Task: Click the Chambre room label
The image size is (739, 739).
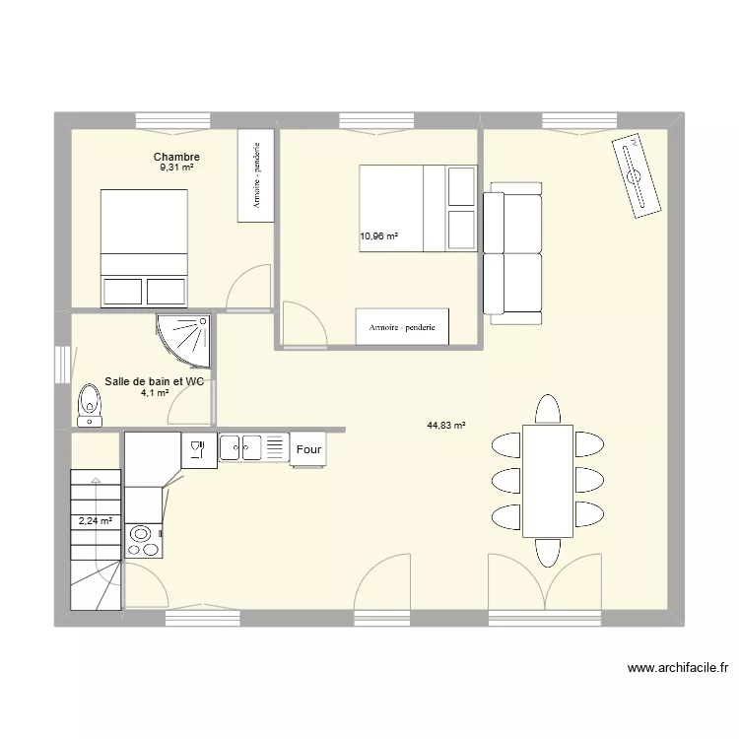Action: (176, 157)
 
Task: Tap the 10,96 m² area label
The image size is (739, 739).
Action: (379, 236)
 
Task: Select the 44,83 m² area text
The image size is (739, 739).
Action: (446, 425)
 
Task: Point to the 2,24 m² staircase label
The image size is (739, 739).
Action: (96, 521)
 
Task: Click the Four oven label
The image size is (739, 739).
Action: (308, 449)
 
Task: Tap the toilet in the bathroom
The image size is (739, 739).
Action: (90, 405)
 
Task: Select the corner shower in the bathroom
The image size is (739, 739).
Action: (183, 341)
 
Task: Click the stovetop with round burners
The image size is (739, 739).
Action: (144, 541)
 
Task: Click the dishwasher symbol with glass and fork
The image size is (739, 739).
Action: (199, 450)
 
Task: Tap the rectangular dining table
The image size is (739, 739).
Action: (548, 481)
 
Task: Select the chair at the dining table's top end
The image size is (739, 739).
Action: (548, 409)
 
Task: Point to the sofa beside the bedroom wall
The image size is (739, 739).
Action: (512, 253)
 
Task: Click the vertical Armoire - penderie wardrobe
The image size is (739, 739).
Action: (256, 175)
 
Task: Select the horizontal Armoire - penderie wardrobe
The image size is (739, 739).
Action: (402, 326)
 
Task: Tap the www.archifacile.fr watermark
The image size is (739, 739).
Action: (678, 668)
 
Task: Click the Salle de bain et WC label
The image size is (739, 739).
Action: (154, 381)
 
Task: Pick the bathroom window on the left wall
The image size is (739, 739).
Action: (62, 365)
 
